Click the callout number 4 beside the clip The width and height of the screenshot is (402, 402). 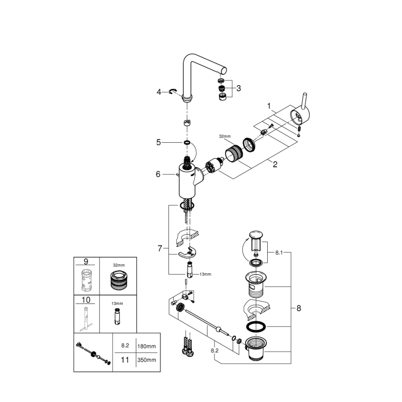tap(159, 92)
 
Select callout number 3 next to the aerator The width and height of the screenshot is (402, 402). tap(238, 88)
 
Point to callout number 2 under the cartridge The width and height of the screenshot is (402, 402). tap(275, 163)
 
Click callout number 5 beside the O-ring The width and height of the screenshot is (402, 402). tap(158, 143)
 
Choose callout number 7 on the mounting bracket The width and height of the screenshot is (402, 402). tap(160, 249)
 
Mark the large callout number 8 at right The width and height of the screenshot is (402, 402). tap(298, 308)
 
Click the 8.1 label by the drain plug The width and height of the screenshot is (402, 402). tap(279, 253)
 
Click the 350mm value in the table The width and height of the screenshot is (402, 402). tap(146, 359)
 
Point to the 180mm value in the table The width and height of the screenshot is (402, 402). tap(146, 345)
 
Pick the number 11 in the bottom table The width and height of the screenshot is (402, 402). tap(125, 359)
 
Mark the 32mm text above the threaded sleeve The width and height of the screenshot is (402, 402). tap(224, 137)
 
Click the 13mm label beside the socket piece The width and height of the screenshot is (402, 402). tap(205, 274)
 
